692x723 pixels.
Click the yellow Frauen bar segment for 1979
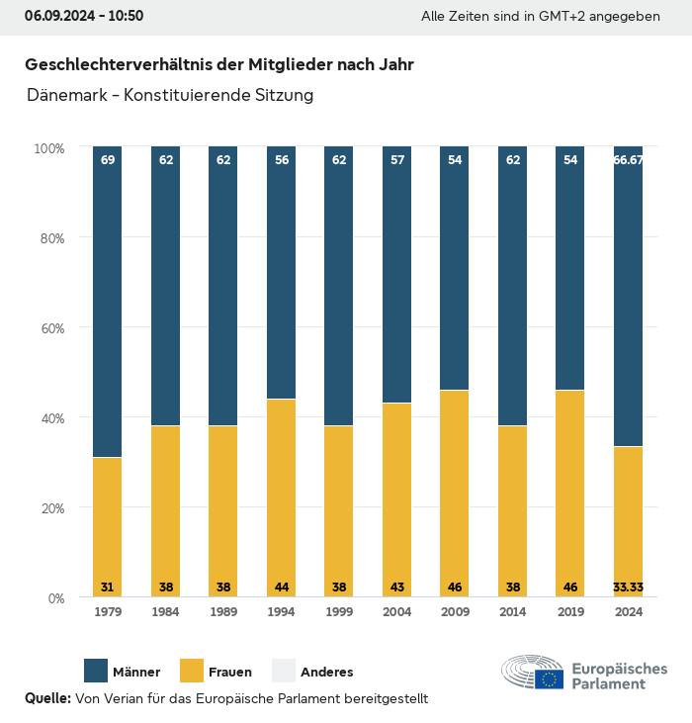pos(108,526)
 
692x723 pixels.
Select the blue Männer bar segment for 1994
pos(282,273)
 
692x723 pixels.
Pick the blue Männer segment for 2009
pos(455,268)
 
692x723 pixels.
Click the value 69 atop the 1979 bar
pos(108,159)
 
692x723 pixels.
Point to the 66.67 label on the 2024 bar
pos(628,159)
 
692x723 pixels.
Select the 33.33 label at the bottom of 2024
pos(628,587)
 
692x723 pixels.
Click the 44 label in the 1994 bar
pos(282,587)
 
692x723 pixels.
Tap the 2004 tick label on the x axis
pos(396,612)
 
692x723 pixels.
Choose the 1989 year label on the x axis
pos(223,612)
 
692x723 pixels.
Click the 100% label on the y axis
pos(49,148)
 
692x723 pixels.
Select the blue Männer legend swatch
pos(96,671)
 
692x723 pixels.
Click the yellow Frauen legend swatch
pos(191,671)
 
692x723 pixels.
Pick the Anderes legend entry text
pos(326,673)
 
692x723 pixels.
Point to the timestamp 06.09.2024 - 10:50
pos(84,16)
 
